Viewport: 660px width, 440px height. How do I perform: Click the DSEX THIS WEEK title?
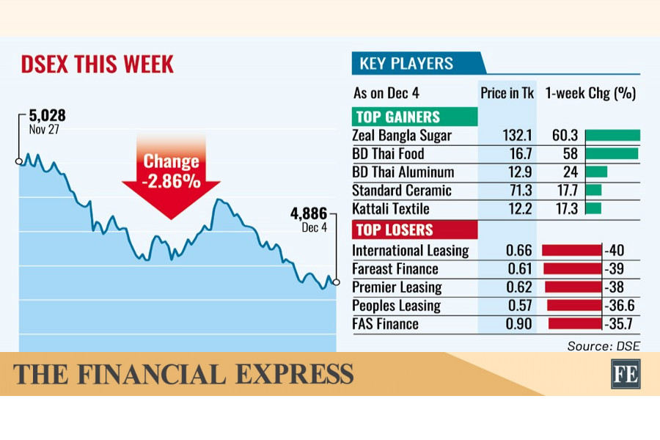tap(97, 64)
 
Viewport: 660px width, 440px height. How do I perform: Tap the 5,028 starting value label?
tap(48, 116)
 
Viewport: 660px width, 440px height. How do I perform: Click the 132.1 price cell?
tap(507, 136)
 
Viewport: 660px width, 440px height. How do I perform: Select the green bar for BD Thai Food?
tap(612, 154)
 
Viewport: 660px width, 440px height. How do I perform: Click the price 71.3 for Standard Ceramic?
tap(507, 191)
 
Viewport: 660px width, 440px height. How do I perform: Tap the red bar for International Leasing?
tap(571, 251)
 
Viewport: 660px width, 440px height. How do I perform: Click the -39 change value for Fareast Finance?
tap(615, 269)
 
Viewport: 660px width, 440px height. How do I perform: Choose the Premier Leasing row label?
tap(397, 287)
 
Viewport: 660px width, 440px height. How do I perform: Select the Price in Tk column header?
tap(507, 94)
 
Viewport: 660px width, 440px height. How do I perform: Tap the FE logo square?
tap(625, 374)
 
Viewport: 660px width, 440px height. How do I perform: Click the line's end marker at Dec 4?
tap(337, 282)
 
